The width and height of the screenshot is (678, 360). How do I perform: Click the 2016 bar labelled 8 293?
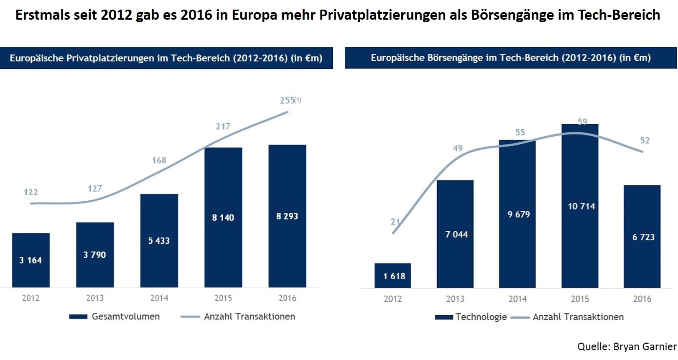(x=287, y=216)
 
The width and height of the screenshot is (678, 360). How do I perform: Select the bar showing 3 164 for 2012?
(x=31, y=260)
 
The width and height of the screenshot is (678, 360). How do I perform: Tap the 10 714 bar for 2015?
(x=580, y=206)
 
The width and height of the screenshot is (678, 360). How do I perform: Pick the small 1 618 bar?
(x=393, y=276)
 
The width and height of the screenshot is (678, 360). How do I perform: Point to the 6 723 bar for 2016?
(x=642, y=237)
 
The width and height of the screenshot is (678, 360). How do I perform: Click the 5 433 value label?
(x=159, y=240)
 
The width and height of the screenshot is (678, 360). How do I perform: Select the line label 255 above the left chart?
(x=288, y=100)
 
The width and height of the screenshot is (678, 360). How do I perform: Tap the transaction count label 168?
(x=159, y=161)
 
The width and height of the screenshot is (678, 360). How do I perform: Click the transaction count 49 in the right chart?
(x=458, y=148)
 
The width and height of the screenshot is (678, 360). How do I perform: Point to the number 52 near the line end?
(x=645, y=140)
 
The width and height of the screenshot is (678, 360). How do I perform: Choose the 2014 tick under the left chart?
(x=159, y=298)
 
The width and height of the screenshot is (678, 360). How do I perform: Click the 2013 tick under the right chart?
(x=455, y=299)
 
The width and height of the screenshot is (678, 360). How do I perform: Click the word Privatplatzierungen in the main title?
(x=382, y=15)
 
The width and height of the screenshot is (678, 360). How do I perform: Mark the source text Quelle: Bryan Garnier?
(x=627, y=347)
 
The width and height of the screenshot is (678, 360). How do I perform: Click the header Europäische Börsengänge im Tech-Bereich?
(x=510, y=58)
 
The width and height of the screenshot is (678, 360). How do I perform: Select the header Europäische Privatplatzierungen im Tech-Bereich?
(x=166, y=58)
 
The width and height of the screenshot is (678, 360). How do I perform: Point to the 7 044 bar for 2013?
(x=455, y=234)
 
